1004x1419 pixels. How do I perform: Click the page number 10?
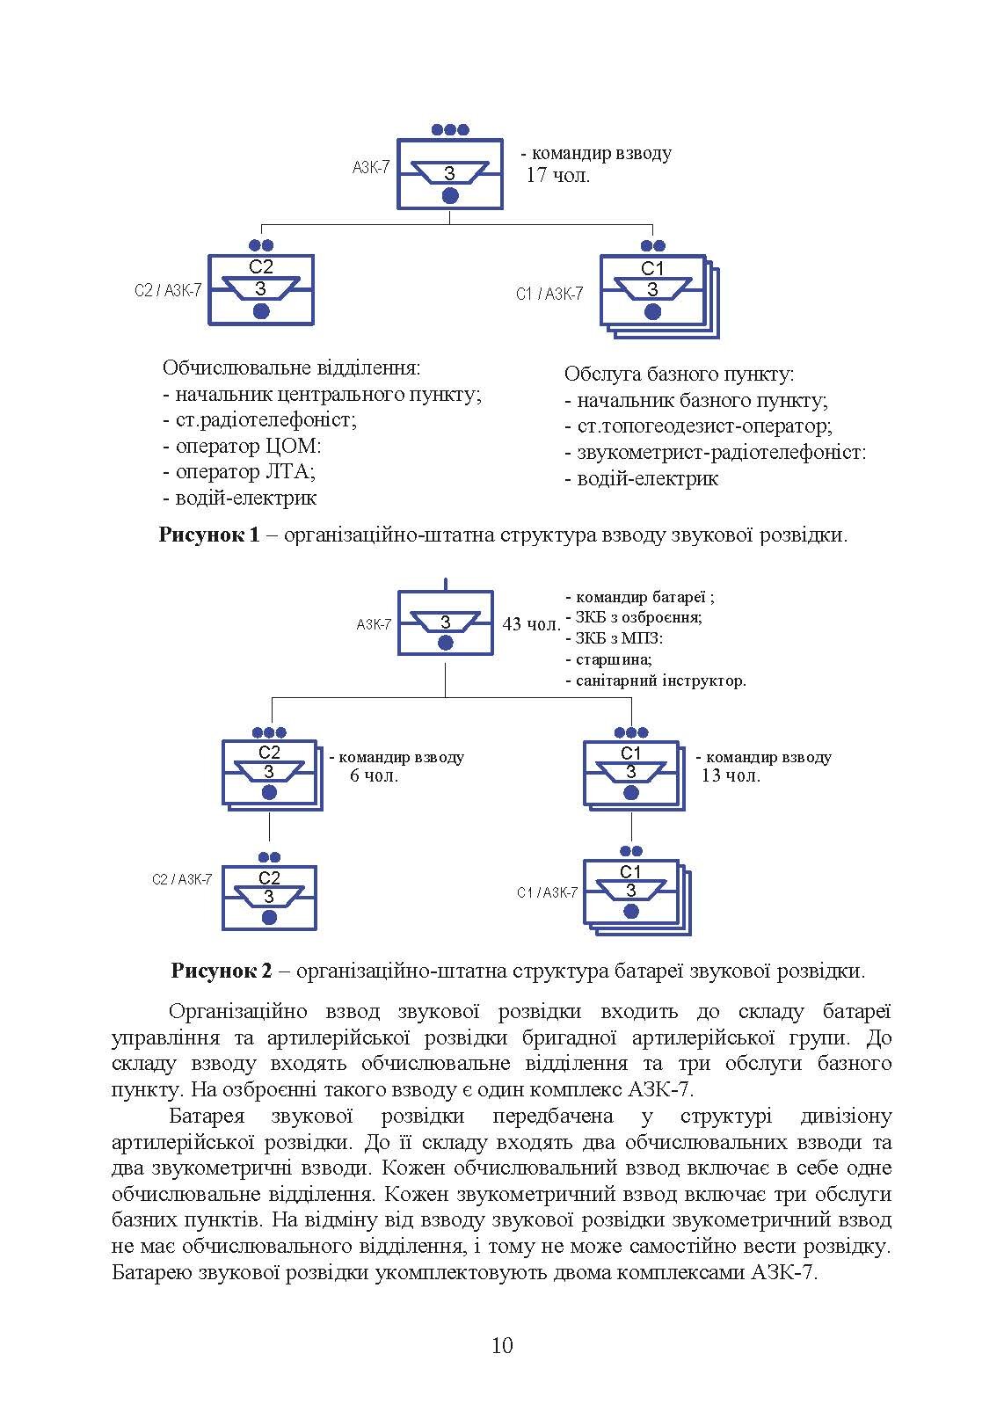point(502,1345)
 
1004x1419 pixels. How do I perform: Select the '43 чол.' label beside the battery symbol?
point(531,624)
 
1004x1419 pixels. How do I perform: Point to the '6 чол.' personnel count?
point(374,776)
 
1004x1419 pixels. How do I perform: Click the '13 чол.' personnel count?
point(731,775)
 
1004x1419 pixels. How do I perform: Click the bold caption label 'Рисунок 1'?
point(209,535)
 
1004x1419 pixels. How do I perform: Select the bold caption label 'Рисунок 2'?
point(222,971)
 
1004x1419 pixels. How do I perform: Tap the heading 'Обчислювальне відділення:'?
point(291,367)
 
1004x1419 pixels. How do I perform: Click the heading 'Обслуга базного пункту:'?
point(679,375)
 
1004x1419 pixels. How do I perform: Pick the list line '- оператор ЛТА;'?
point(239,471)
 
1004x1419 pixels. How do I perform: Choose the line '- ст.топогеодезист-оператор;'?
point(698,426)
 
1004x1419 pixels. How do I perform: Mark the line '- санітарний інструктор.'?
point(656,680)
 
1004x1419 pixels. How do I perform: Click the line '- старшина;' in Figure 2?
point(608,659)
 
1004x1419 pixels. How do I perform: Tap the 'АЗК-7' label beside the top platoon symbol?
point(371,167)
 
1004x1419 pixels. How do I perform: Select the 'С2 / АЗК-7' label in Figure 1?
point(168,290)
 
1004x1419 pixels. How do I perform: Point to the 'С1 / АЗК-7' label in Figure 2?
point(547,892)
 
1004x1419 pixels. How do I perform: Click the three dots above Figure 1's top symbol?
point(450,130)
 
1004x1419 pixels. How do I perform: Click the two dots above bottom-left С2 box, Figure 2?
point(269,857)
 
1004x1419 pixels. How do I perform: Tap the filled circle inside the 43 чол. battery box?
point(446,644)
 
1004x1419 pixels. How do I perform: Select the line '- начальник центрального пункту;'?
point(322,394)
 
